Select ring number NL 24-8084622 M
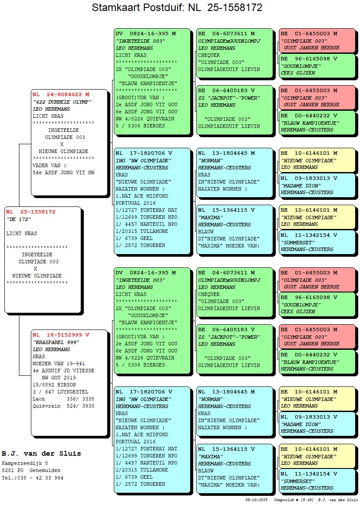click(61, 94)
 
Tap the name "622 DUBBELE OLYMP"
click(62, 102)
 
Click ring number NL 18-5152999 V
click(61, 335)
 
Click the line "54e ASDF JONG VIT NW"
click(64, 172)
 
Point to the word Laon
click(39, 399)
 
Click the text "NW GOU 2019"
click(59, 378)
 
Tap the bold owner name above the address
click(41, 453)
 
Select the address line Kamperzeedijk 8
click(25, 463)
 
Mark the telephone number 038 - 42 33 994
click(40, 477)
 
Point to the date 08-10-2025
click(257, 500)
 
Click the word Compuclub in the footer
click(283, 500)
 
